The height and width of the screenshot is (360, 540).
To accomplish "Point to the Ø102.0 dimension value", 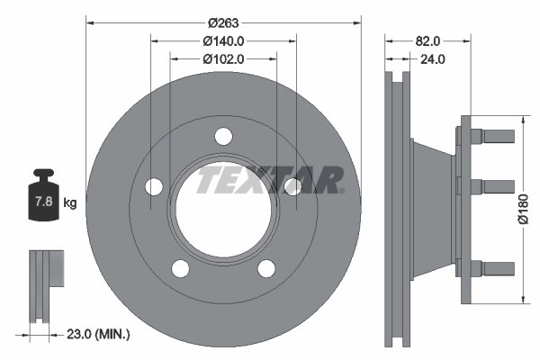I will click(x=222, y=58).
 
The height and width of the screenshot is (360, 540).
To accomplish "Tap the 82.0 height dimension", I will click(x=428, y=41).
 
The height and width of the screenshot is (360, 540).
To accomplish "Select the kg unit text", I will click(x=69, y=203).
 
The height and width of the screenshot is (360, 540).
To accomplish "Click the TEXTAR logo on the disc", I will click(x=270, y=179).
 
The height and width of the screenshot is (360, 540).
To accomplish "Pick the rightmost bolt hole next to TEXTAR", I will click(x=292, y=186).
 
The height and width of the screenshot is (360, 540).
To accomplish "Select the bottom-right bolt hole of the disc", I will click(x=266, y=268).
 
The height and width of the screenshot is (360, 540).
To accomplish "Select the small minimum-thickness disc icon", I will click(x=43, y=283).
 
